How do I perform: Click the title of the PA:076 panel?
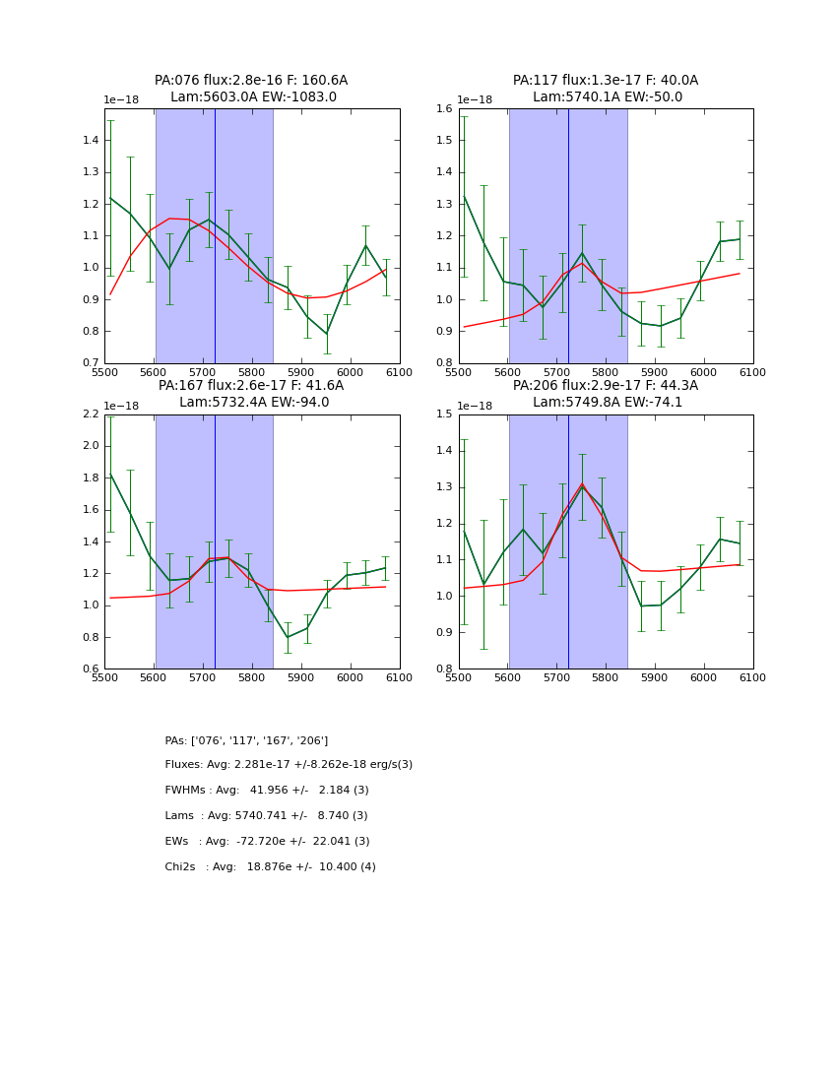(x=251, y=89)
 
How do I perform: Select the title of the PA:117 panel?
(x=606, y=89)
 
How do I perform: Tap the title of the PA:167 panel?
(x=251, y=394)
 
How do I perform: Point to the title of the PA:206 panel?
(x=606, y=394)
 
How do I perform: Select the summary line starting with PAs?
(x=246, y=740)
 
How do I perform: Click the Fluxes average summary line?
(x=289, y=765)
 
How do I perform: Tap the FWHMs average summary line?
(x=267, y=791)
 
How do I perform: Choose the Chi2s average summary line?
(x=270, y=867)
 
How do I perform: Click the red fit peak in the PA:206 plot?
(x=582, y=483)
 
